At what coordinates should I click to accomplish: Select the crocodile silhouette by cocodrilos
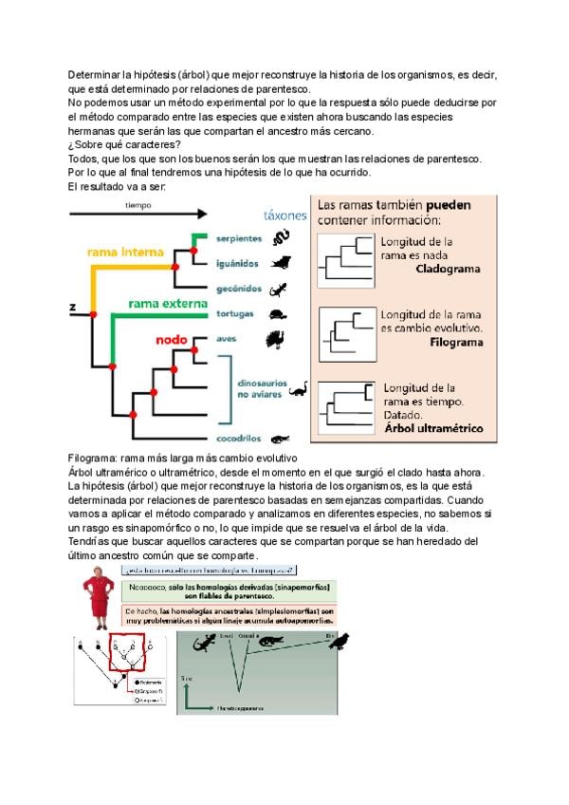[280, 439]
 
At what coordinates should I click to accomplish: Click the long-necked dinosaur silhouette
[298, 386]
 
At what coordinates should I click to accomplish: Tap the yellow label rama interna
[125, 253]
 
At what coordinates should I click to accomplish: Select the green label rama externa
[167, 304]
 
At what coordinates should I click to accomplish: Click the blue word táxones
[284, 215]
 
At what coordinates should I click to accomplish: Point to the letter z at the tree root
[72, 307]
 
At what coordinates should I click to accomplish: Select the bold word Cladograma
[448, 269]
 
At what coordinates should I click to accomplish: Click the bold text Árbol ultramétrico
[433, 428]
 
